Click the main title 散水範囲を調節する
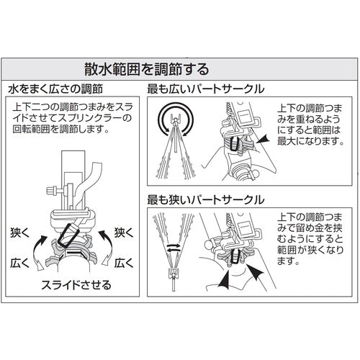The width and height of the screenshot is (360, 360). coord(146,69)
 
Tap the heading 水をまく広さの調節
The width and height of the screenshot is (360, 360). coord(55,89)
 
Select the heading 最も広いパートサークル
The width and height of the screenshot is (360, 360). coord(206,89)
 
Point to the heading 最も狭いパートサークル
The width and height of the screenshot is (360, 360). coord(206,199)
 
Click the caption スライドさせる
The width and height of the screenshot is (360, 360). coord(76,285)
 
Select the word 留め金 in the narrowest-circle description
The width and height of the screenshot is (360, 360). coord(310,228)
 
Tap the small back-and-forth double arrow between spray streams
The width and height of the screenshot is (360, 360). coord(174,248)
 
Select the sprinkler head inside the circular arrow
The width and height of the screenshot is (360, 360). coord(176,120)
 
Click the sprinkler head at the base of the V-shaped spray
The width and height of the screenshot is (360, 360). coord(174,274)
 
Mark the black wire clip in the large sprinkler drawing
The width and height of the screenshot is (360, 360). coord(68,235)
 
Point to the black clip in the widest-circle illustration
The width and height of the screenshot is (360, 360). coord(233,144)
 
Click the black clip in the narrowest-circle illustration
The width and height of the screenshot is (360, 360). coord(235,256)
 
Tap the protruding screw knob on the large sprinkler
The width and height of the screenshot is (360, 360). coord(53,191)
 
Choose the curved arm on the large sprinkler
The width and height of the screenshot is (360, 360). coord(88,182)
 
